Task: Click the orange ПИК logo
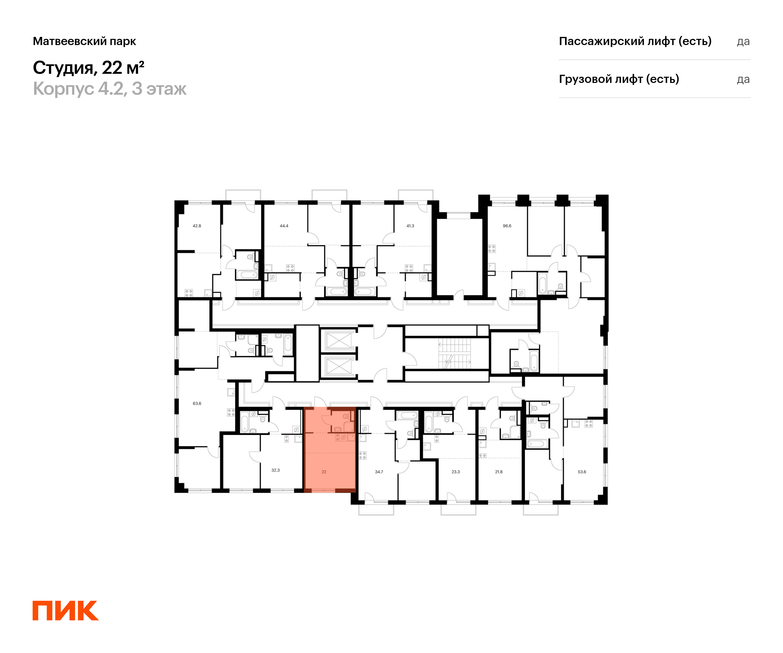point(66,611)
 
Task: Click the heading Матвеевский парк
point(84,41)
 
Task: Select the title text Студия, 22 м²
point(88,68)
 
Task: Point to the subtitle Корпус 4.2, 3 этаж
point(110,89)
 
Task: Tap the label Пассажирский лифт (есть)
point(635,41)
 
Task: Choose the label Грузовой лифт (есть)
point(619,79)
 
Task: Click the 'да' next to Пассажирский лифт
point(743,42)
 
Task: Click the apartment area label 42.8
point(197,226)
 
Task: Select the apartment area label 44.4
point(284,226)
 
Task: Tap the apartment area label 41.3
point(410,226)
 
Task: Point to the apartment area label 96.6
point(507,226)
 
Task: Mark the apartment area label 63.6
point(197,403)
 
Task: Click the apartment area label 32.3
point(276,470)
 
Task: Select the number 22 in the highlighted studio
point(324,472)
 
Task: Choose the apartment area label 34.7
point(379,472)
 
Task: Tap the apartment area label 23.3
point(456,472)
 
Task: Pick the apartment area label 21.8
point(499,472)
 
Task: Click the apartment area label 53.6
point(582,472)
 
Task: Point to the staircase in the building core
point(454,353)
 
